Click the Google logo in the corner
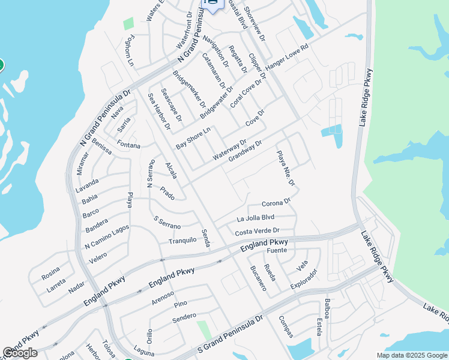[x=20, y=353]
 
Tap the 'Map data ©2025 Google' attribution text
[x=411, y=355]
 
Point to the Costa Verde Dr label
[x=258, y=231]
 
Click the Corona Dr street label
[x=276, y=203]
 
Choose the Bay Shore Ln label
[x=193, y=139]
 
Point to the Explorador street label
[x=304, y=278]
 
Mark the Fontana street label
[x=128, y=145]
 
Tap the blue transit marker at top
[x=213, y=4]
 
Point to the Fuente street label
[x=277, y=250]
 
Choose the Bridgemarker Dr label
[x=189, y=88]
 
